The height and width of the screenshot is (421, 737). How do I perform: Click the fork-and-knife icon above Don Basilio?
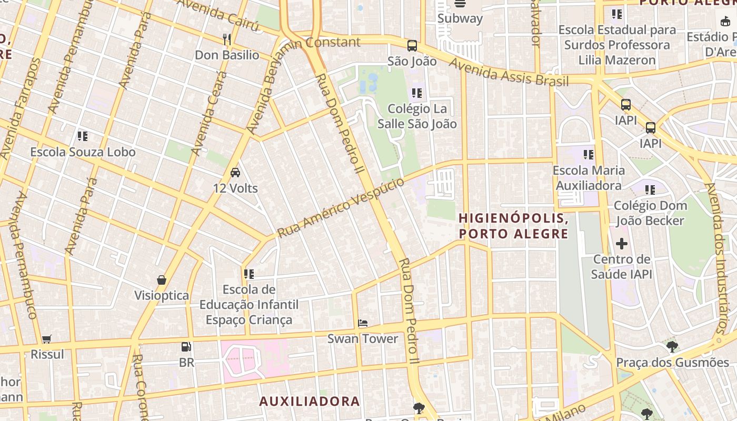(227, 39)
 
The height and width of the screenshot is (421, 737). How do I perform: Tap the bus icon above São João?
(412, 46)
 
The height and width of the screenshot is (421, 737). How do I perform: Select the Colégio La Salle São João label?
(417, 116)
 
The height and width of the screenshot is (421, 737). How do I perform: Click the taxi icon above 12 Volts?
(235, 172)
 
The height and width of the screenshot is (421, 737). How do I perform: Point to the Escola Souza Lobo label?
(83, 152)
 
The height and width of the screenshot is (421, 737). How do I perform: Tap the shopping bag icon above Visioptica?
(162, 280)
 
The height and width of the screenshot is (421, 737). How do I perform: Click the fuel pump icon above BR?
(186, 347)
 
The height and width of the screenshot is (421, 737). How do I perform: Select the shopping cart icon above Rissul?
(47, 339)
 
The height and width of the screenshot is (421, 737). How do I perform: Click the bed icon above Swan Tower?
(362, 323)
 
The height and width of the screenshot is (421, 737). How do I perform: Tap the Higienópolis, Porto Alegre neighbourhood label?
(513, 225)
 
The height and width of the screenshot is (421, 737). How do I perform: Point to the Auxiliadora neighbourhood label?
(310, 401)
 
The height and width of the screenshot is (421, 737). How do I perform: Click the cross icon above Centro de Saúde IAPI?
(622, 244)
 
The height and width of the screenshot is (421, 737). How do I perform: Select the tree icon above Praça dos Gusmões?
(672, 347)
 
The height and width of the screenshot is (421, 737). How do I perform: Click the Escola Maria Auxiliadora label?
(589, 178)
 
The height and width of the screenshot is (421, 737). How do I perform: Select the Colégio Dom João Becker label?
(650, 213)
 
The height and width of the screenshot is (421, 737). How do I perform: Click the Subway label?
(460, 18)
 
